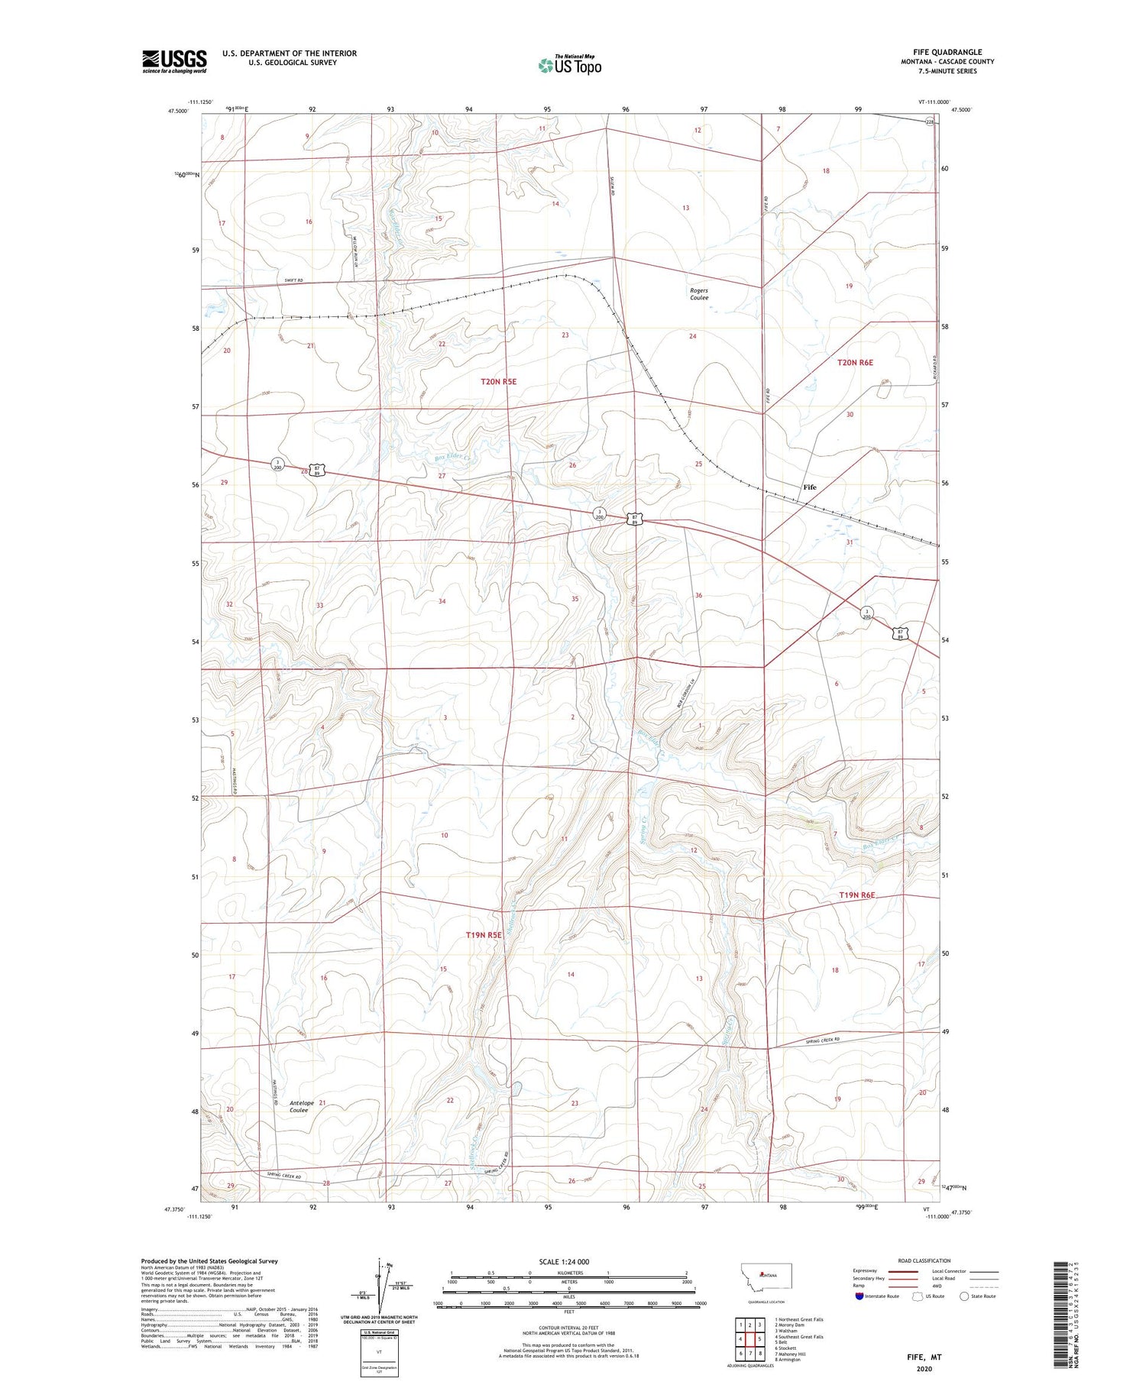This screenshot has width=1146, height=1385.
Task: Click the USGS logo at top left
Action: click(174, 61)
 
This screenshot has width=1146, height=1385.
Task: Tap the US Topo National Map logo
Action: click(570, 65)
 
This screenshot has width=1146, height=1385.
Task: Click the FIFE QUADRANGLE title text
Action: click(947, 52)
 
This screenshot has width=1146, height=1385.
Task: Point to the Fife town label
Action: click(809, 487)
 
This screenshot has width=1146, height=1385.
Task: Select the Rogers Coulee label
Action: click(698, 294)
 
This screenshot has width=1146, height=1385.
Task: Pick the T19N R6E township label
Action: click(856, 895)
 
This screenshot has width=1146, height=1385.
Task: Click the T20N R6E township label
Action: click(855, 363)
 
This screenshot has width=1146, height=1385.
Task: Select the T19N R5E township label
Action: click(484, 935)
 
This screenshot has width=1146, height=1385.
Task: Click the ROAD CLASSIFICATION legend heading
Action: click(918, 1260)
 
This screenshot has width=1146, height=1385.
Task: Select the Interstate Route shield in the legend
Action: click(859, 1296)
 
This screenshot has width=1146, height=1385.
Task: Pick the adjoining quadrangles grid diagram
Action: click(749, 1339)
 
